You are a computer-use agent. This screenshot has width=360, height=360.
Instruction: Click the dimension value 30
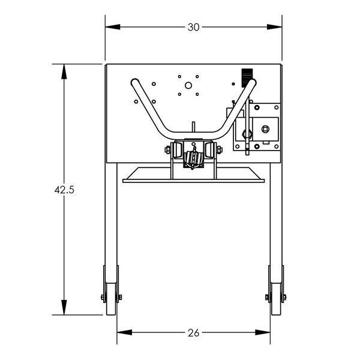pyautogui.click(x=193, y=28)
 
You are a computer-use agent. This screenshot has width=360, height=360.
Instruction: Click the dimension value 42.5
pyautogui.click(x=64, y=190)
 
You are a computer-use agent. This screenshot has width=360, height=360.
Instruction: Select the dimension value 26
pyautogui.click(x=193, y=333)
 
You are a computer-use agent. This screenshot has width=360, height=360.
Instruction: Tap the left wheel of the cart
pyautogui.click(x=112, y=299)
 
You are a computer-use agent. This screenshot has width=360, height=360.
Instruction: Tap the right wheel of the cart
pyautogui.click(x=276, y=299)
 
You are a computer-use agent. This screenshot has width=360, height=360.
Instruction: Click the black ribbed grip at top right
pyautogui.click(x=247, y=78)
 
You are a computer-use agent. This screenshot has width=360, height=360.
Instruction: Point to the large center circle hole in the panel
pyautogui.click(x=188, y=86)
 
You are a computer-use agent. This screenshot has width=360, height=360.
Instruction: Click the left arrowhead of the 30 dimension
pyautogui.click(x=113, y=27)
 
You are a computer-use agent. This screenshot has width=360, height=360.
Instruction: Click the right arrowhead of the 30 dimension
pyautogui.click(x=274, y=27)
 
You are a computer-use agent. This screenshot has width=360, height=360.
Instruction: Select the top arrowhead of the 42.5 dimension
pyautogui.click(x=64, y=71)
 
